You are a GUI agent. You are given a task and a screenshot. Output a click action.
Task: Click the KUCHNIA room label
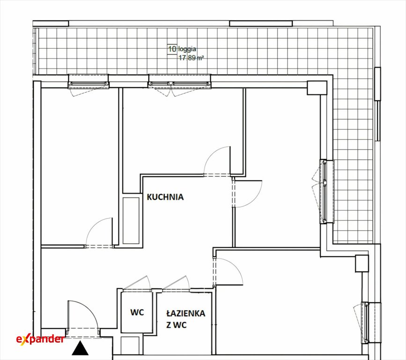(165, 197)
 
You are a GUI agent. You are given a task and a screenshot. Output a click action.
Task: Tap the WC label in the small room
(137, 312)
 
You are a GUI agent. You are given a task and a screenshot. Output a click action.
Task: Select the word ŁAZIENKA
(185, 313)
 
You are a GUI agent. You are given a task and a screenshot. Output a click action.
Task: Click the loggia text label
(187, 49)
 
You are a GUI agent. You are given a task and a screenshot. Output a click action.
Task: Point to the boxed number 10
(172, 49)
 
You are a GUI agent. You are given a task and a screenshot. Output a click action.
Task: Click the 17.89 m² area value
(191, 58)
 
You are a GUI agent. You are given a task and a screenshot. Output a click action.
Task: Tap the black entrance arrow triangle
(80, 348)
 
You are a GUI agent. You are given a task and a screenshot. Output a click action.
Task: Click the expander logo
(40, 339)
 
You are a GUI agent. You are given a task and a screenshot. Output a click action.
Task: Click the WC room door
(136, 283)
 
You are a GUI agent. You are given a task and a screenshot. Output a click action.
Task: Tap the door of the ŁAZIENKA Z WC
(176, 283)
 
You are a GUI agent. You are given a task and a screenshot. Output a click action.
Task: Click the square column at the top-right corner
(317, 88)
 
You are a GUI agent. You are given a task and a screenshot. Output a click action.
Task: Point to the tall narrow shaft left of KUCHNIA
(131, 221)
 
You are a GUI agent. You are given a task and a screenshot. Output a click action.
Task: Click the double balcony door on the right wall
(324, 192)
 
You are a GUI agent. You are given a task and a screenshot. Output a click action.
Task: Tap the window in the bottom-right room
(366, 322)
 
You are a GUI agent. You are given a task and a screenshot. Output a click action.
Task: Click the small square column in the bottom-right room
(362, 263)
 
